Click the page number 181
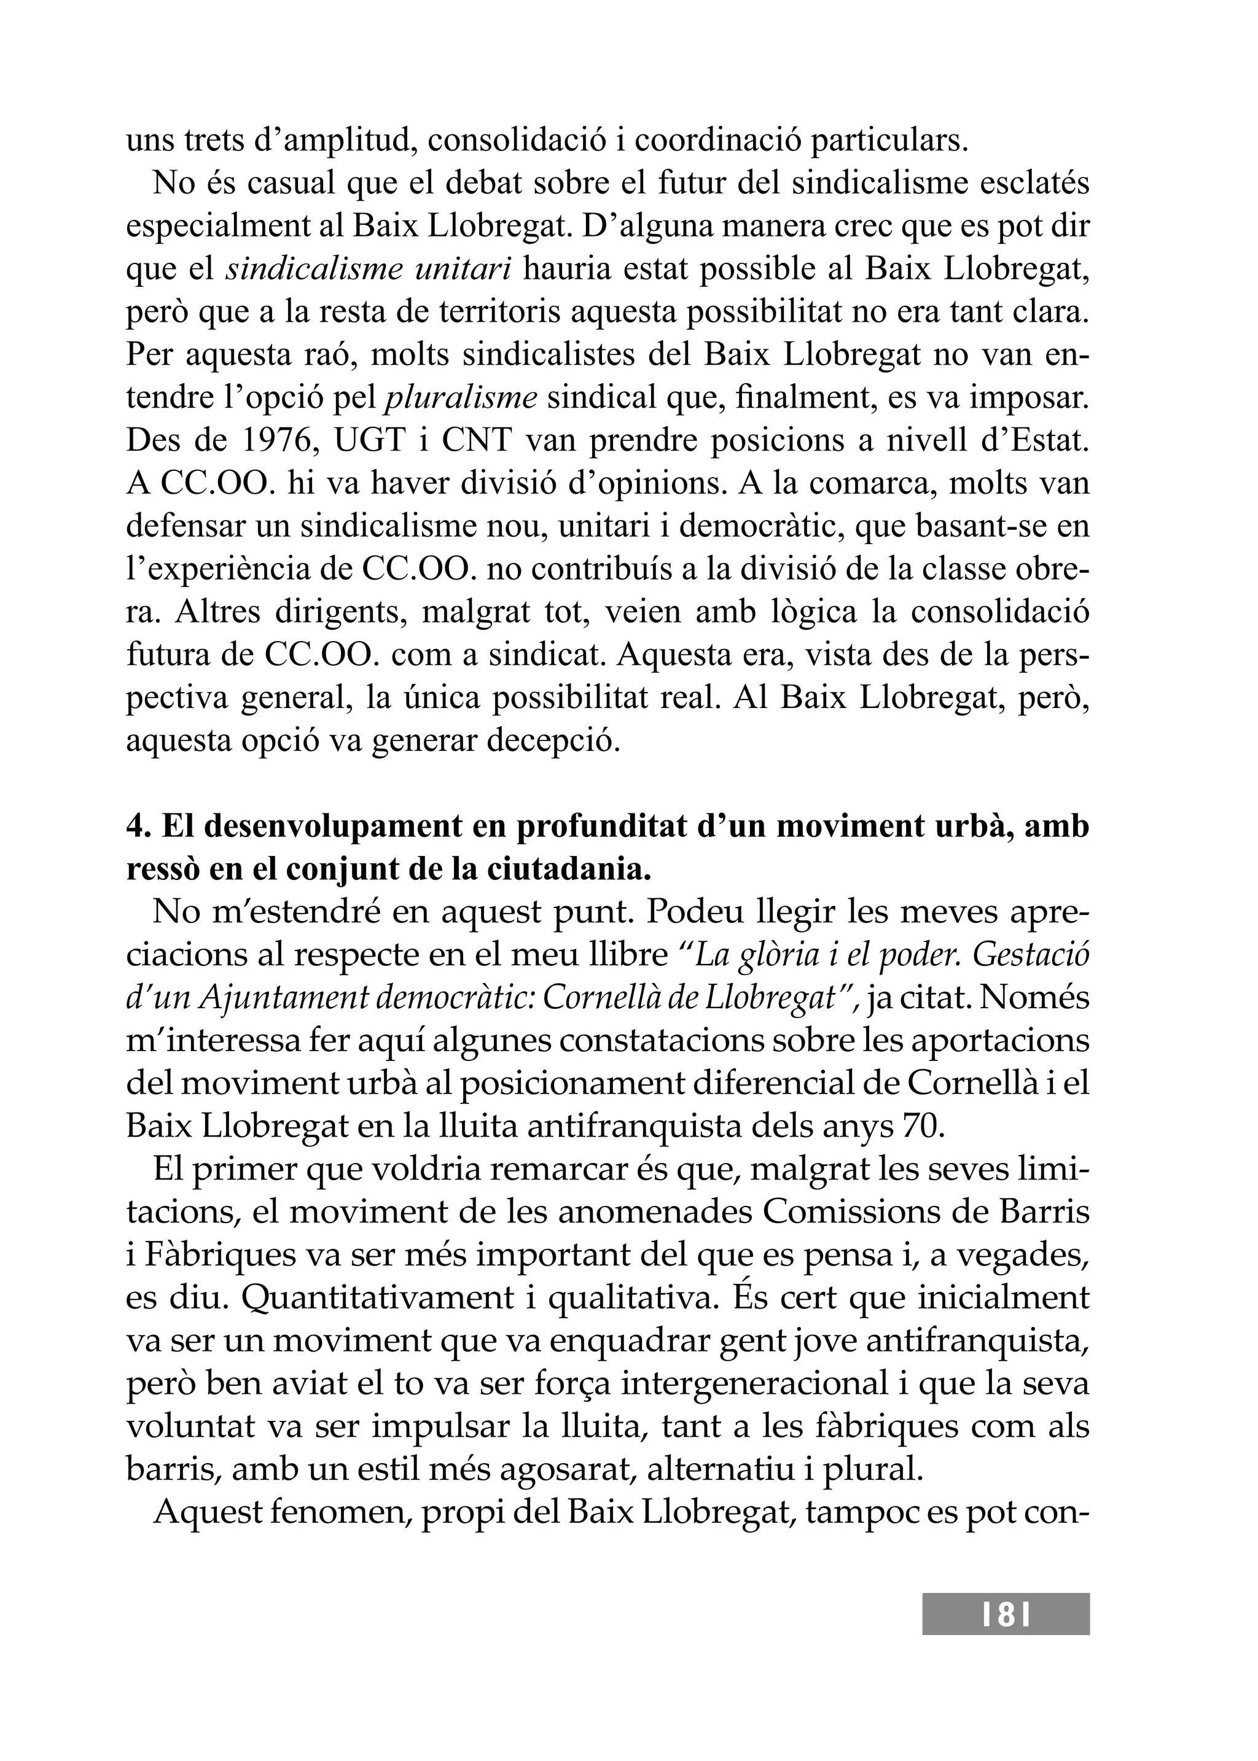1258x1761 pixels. point(1006,1615)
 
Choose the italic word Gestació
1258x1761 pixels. point(1030,955)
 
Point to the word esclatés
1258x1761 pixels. point(1034,184)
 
